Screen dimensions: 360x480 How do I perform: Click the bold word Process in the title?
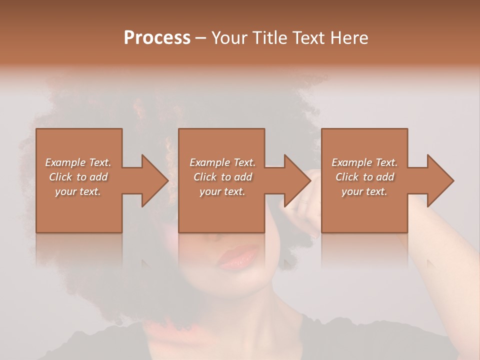point(157,38)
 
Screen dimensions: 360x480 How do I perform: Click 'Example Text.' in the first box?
point(78,162)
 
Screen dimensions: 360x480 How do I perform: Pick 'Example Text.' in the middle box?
point(222,162)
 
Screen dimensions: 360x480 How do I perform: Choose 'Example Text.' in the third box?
point(364,162)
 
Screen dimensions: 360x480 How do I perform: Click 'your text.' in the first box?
point(78,191)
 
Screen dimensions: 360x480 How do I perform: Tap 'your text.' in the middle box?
point(222,191)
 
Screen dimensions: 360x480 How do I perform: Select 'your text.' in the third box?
point(364,191)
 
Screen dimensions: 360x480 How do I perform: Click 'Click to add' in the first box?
point(78,177)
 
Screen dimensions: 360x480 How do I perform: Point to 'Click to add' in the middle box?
point(222,177)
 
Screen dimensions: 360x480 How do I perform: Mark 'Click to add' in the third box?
point(364,177)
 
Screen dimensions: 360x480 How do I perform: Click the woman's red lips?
point(239,257)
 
